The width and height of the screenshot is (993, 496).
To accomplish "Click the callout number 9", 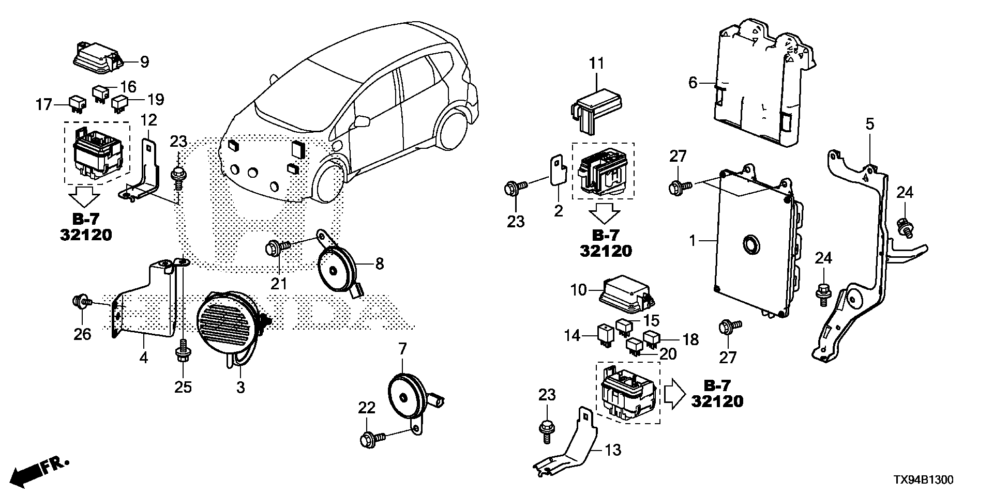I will coord(144,62).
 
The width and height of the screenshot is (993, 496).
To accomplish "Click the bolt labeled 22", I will coord(369,440).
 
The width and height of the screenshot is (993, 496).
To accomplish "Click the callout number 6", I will coord(693,83).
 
